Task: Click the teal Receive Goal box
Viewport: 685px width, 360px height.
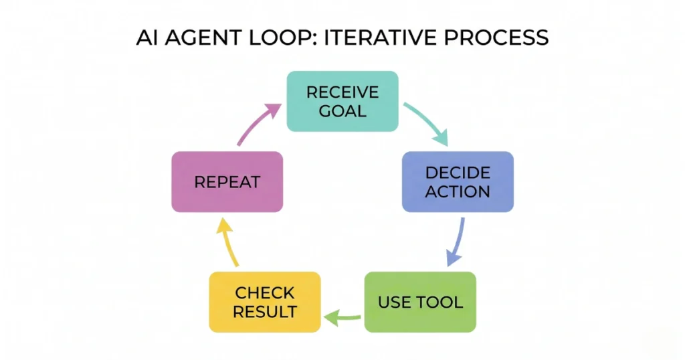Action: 342,101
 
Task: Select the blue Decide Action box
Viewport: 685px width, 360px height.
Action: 458,182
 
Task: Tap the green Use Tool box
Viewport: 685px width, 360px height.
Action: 420,302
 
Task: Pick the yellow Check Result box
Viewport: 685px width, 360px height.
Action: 265,302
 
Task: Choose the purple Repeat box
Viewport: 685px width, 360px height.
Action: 227,182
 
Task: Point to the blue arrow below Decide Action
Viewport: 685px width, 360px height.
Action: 456,240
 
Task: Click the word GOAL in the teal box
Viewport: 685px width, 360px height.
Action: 342,110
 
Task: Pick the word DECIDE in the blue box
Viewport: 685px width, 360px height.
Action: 458,173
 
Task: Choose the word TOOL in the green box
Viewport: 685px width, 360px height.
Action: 442,302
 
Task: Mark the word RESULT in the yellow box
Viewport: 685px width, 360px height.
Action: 265,311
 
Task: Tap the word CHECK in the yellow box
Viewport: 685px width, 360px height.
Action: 265,293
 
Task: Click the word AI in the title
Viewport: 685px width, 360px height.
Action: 146,37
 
